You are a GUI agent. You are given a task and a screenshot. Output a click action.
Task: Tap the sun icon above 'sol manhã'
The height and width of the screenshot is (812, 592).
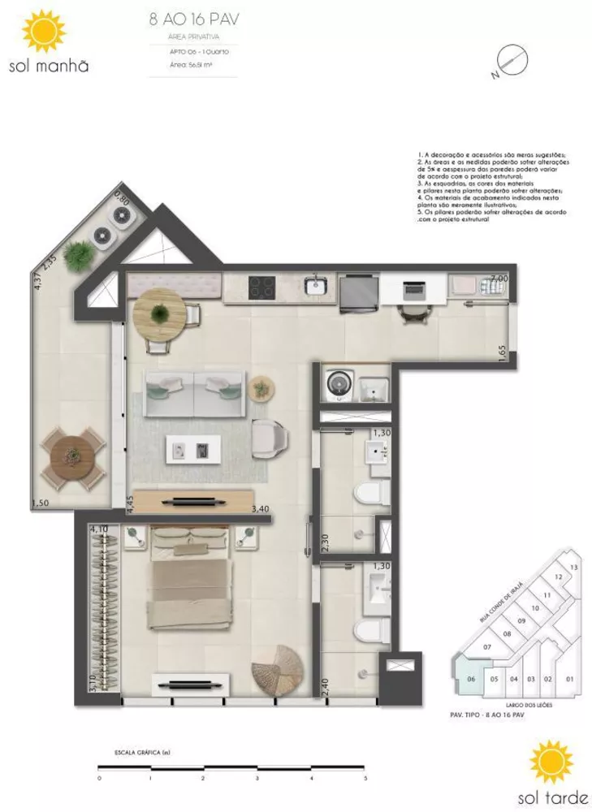(43, 32)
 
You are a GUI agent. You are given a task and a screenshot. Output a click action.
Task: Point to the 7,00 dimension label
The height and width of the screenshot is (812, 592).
(498, 279)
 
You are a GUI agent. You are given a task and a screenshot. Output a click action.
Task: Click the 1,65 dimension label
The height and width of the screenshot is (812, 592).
(504, 355)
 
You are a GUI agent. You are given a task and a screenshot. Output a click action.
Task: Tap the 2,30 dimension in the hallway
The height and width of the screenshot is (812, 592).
(325, 542)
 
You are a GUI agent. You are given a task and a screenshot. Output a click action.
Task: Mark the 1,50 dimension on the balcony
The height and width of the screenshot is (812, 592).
(39, 504)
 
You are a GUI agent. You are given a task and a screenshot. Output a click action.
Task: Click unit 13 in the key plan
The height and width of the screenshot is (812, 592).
(573, 567)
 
